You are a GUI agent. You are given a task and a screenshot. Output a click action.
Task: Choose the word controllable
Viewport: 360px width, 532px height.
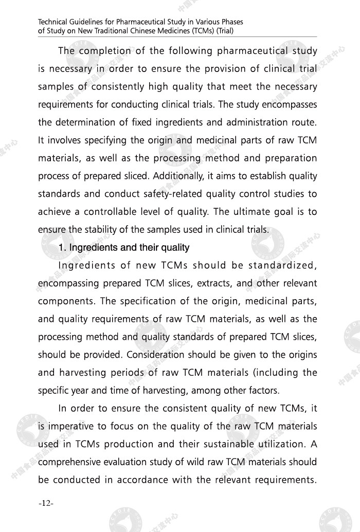[x=108, y=212]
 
